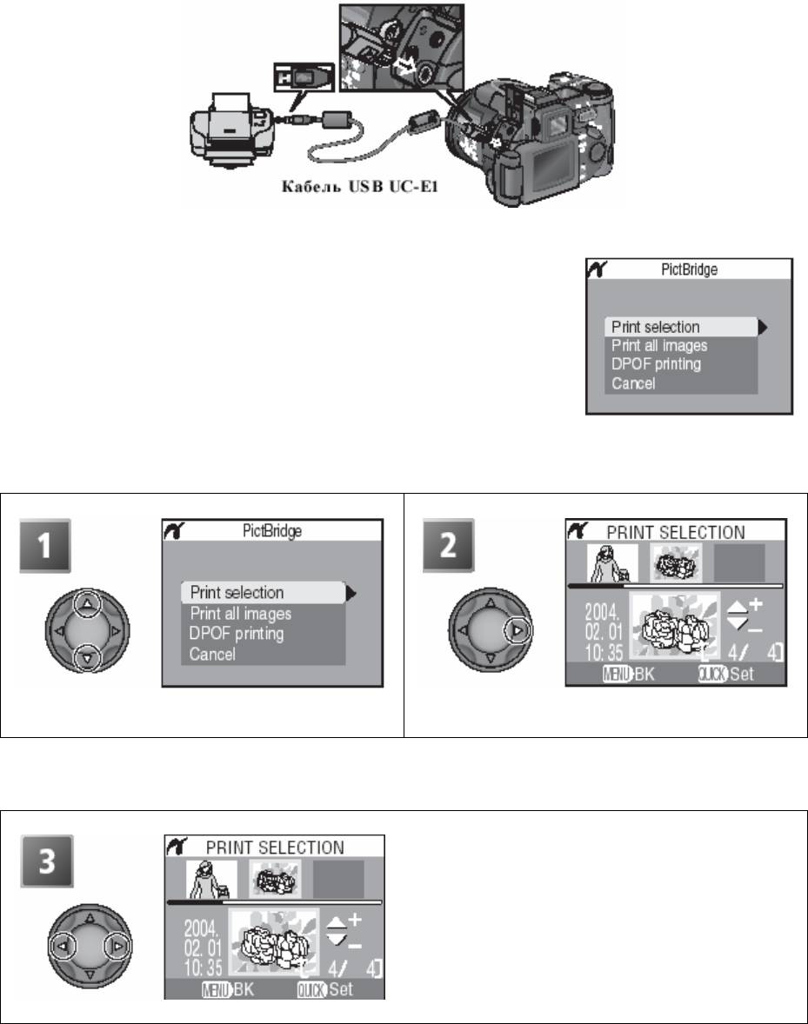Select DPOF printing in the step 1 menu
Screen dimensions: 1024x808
coord(237,634)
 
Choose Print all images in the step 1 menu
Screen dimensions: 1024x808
coord(240,613)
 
